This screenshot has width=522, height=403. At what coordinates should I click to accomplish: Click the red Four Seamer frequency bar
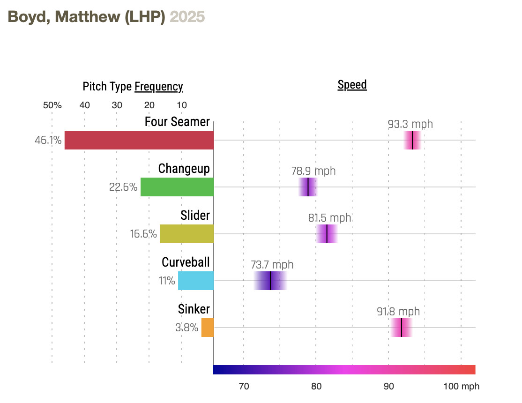139,140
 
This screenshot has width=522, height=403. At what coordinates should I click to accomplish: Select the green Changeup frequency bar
177,187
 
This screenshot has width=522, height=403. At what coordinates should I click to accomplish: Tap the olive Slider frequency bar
186,234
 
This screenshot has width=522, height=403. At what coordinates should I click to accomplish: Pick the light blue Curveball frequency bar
195,281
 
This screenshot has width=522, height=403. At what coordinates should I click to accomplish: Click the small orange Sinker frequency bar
207,328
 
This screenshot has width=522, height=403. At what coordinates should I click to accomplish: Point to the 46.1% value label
48,140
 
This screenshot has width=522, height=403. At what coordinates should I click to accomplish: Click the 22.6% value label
123,187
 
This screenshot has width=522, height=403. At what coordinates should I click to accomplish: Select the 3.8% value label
186,328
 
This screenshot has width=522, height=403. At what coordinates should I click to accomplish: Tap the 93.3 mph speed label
410,124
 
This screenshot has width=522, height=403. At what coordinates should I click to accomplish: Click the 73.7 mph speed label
272,265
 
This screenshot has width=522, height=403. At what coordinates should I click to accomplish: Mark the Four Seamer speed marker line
412,140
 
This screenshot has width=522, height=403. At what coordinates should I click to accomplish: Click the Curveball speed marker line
270,281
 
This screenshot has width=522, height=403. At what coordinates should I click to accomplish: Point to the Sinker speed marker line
402,328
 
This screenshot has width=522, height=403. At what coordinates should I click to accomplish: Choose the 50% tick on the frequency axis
52,105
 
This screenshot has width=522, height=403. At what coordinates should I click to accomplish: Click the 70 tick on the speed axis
244,387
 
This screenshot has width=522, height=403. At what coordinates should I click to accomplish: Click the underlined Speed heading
352,85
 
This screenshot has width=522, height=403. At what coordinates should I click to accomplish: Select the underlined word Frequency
158,87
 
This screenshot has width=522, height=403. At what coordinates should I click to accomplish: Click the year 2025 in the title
187,17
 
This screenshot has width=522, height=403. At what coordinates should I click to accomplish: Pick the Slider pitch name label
195,215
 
